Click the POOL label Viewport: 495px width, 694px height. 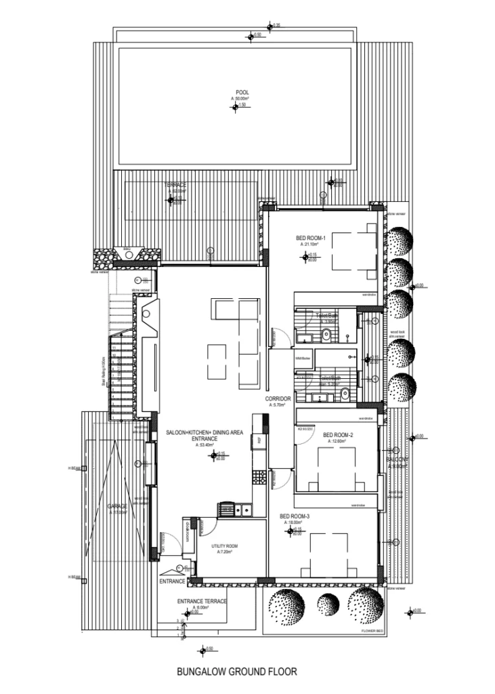(242, 93)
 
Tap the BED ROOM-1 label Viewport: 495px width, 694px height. (311, 239)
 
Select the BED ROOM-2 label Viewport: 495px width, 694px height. (337, 435)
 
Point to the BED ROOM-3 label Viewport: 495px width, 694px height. (295, 517)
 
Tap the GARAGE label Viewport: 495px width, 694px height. (117, 506)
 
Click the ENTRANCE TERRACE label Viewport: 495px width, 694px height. (202, 601)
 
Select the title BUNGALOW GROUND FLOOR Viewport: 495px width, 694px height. (236, 673)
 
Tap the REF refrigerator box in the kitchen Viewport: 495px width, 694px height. (258, 441)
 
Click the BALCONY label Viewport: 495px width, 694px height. (397, 460)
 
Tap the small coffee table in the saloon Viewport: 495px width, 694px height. (217, 359)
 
